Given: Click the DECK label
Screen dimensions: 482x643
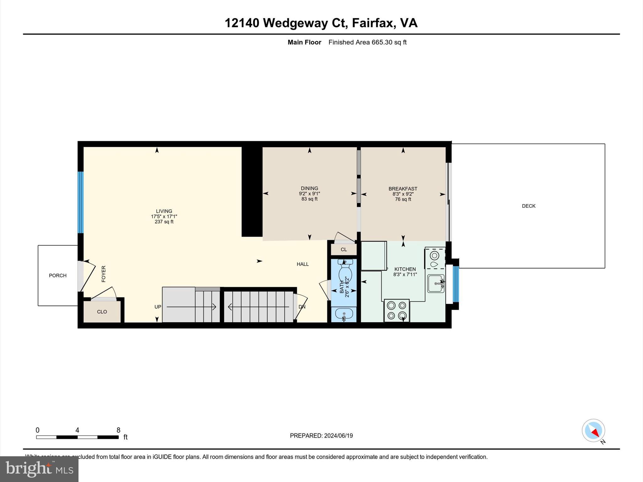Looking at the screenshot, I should (528, 206).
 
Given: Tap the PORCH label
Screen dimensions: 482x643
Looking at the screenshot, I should (58, 276).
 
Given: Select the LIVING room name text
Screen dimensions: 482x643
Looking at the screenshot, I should (164, 211).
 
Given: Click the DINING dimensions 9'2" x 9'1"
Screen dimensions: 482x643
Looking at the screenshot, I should (309, 194).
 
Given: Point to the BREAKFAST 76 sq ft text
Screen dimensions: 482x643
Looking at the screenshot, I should (403, 199).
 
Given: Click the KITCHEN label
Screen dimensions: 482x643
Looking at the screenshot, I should (405, 269).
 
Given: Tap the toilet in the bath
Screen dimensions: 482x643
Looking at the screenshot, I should (345, 273).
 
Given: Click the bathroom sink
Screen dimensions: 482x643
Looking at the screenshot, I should (344, 313).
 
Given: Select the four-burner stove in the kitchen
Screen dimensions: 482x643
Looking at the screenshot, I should (397, 310).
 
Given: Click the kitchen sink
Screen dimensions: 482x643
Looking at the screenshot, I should (436, 283).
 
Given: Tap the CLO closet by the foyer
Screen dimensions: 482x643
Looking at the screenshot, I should (102, 312).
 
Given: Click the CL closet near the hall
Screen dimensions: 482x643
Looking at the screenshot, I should (344, 249).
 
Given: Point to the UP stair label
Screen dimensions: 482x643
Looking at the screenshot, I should (158, 307).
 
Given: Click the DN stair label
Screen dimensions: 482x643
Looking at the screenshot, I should (302, 307).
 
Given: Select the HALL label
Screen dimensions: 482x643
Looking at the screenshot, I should (303, 264).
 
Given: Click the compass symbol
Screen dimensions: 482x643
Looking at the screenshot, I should (593, 431).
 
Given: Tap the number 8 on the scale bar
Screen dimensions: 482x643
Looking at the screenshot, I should (118, 430).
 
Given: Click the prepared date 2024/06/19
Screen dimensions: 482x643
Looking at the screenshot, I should (338, 436).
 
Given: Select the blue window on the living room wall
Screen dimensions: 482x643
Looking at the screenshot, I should (81, 202).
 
